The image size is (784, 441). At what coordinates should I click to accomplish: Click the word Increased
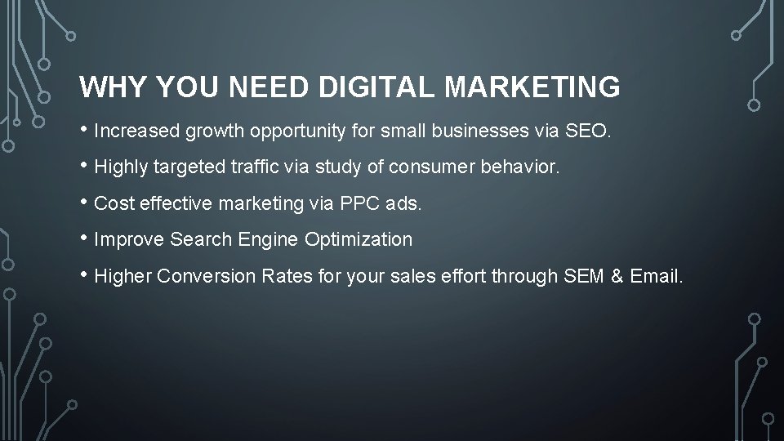137,130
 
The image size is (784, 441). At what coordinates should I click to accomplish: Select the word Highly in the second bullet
119,167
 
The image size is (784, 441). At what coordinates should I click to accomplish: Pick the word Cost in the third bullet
114,204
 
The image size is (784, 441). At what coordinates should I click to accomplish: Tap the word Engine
269,240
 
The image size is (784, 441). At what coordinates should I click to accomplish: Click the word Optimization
359,240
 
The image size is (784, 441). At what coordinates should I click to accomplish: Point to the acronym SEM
583,277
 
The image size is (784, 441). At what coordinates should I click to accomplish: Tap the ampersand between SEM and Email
617,277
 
